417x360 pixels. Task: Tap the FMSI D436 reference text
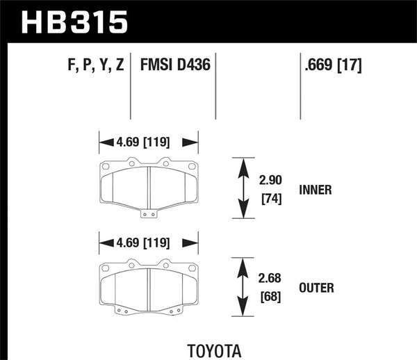pyautogui.click(x=176, y=67)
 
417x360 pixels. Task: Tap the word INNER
pyautogui.click(x=317, y=188)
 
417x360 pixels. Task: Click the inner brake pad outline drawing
pyautogui.click(x=149, y=186)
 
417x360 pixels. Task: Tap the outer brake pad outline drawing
pyautogui.click(x=149, y=288)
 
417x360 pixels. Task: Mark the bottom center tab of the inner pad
pyautogui.click(x=149, y=213)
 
